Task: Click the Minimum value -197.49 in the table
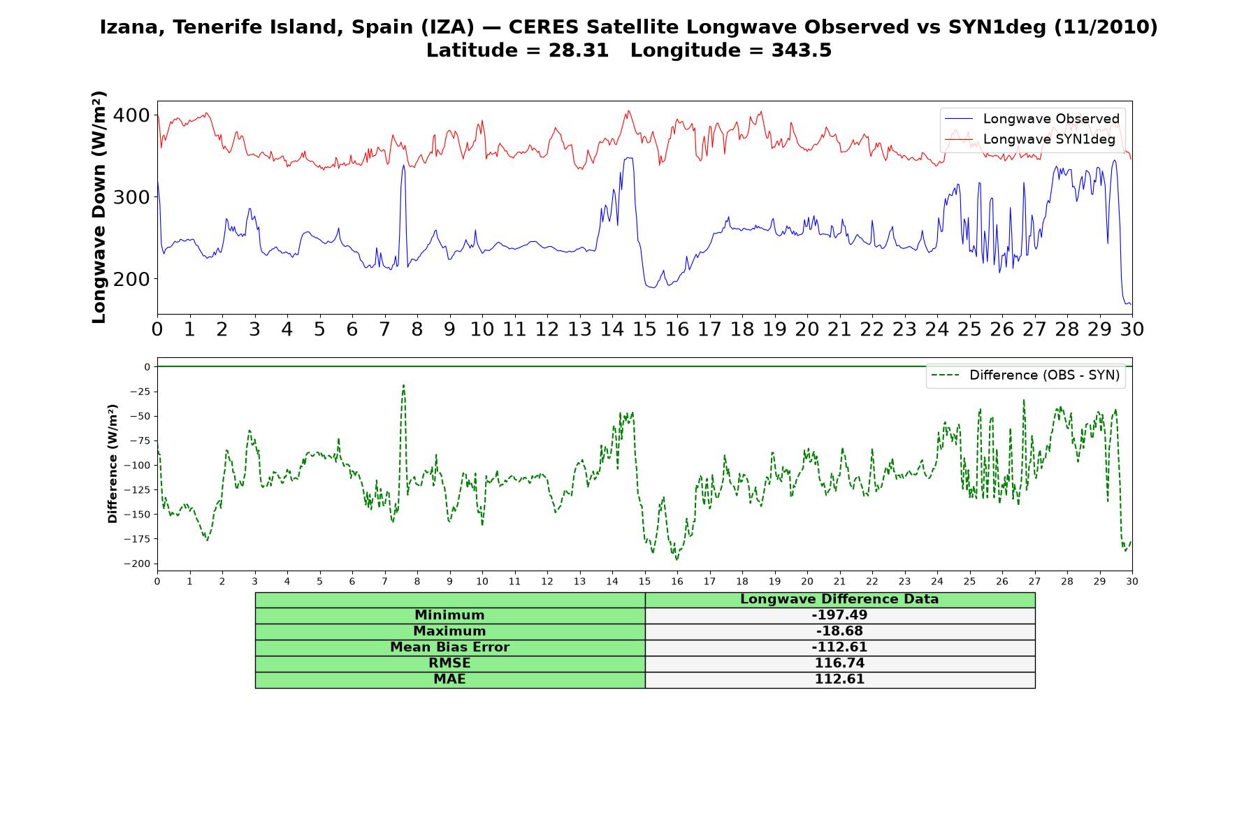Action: pos(839,615)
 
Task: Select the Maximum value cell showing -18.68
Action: pos(839,631)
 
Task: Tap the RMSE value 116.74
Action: pos(839,664)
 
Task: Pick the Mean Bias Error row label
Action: pos(449,647)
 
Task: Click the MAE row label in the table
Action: pos(449,680)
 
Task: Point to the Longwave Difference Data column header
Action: pos(839,599)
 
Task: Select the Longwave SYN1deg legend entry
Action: pos(1030,139)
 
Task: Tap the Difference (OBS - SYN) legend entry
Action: pos(1025,375)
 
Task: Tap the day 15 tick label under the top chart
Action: pos(644,329)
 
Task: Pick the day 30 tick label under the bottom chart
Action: pos(1132,582)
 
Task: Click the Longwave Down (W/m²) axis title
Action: pos(99,207)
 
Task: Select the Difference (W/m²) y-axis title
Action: pos(113,464)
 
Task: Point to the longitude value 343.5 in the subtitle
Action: pos(802,50)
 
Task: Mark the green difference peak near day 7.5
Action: pos(403,385)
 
